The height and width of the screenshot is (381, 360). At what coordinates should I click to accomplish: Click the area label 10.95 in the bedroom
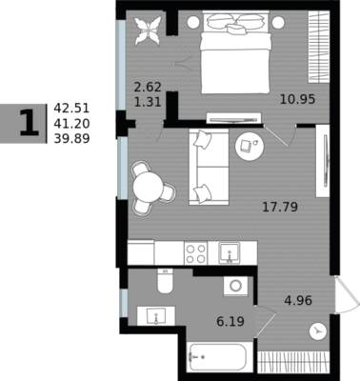[x=297, y=99]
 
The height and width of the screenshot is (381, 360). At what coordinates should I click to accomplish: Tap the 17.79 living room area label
[x=280, y=208]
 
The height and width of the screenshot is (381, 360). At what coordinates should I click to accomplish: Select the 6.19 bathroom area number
[x=230, y=322]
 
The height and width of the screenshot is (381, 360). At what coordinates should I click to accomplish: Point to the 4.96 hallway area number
[x=298, y=300]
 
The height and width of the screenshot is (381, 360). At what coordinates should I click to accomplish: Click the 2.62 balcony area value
[x=148, y=87]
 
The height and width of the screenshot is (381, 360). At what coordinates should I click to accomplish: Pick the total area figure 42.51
[x=71, y=109]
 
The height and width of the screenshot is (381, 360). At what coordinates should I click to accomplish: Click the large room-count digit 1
[x=30, y=123]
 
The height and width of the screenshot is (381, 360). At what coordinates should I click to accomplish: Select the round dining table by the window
[x=149, y=187]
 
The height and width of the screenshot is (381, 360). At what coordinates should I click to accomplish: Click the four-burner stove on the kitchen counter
[x=195, y=253]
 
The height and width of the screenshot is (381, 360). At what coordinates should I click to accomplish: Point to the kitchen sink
[x=230, y=253]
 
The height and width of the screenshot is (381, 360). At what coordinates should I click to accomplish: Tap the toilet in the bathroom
[x=165, y=281]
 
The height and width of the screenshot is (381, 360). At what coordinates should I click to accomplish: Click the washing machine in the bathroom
[x=235, y=287]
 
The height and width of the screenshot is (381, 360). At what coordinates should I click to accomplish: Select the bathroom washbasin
[x=156, y=315]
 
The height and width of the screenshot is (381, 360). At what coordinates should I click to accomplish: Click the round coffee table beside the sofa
[x=250, y=146]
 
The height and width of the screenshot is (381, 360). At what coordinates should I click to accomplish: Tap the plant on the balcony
[x=148, y=30]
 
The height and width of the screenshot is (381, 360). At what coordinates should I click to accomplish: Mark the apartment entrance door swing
[x=348, y=295]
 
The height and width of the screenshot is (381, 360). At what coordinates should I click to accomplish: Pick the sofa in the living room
[x=209, y=167]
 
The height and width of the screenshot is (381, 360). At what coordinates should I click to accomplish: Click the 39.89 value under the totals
[x=71, y=139]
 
